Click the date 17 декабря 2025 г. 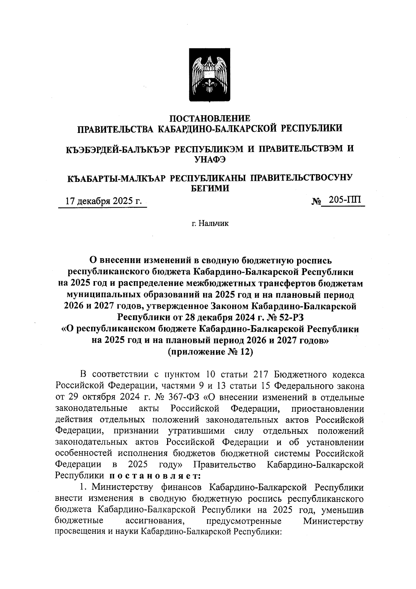[104, 201]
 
